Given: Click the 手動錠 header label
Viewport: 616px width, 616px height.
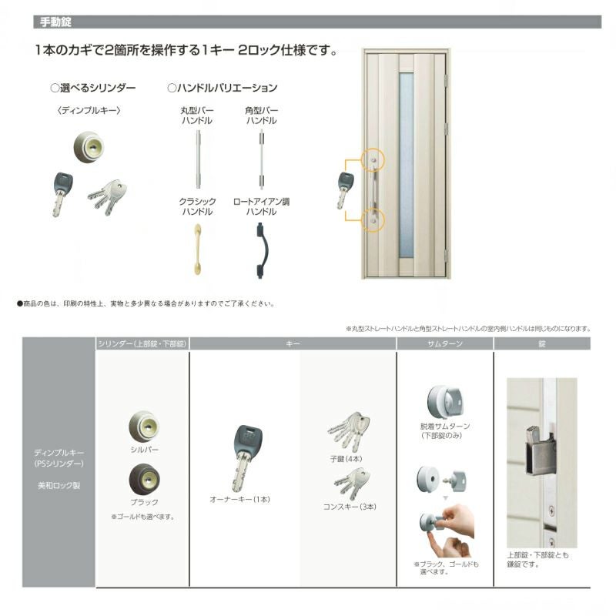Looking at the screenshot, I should (x=55, y=22).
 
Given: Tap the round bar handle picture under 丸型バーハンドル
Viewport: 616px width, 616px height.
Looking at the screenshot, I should (x=198, y=159).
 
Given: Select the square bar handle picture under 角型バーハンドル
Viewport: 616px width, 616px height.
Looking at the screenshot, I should (x=261, y=159).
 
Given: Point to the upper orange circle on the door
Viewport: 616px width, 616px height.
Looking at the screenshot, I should (x=373, y=160).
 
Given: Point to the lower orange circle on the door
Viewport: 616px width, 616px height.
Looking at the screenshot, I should (x=373, y=220).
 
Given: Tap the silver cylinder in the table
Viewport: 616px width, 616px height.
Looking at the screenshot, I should (x=143, y=426).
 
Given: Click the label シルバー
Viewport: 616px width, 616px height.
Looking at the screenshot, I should (x=144, y=449).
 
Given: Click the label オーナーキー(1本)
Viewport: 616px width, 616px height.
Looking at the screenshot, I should (x=240, y=499).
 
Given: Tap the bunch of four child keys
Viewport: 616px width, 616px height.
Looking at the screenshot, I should (x=349, y=430).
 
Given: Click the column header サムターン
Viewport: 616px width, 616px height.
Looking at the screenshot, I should (x=444, y=343).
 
